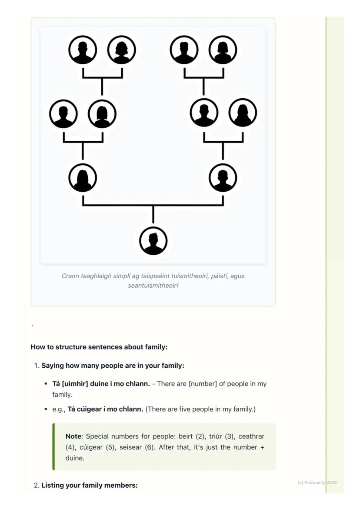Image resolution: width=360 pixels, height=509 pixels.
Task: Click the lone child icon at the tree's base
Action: (x=153, y=241)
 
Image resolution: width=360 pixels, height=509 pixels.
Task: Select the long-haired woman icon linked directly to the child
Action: (x=83, y=177)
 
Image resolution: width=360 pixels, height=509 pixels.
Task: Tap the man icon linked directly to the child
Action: (x=223, y=177)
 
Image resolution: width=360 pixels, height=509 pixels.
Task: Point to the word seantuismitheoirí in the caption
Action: (x=153, y=286)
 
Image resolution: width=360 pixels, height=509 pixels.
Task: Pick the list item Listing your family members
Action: (x=89, y=485)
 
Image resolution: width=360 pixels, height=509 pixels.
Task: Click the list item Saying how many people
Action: (x=113, y=366)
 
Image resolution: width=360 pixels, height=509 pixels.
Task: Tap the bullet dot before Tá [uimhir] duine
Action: (x=46, y=384)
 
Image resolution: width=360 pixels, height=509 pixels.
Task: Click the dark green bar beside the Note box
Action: (x=53, y=447)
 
